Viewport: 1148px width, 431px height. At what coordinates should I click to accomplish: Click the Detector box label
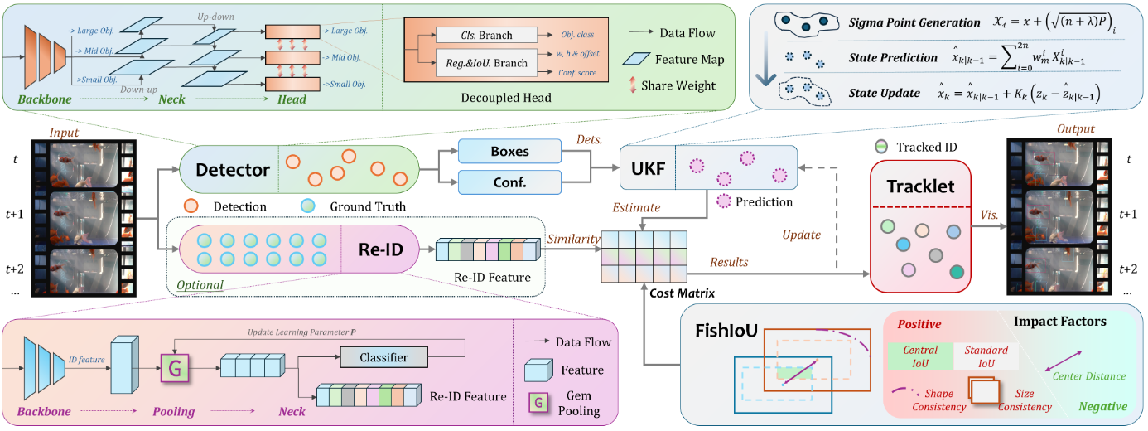pos(233,170)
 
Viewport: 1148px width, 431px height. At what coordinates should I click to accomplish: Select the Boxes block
pos(509,153)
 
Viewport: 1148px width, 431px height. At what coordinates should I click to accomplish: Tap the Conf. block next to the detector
pos(509,183)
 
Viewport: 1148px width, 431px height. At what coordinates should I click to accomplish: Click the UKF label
pos(648,169)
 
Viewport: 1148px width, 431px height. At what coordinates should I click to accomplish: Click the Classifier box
pos(383,357)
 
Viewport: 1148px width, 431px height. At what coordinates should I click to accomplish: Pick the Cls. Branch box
pos(486,36)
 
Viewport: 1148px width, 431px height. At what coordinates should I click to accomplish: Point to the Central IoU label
pos(919,356)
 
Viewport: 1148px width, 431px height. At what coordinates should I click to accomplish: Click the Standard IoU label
pos(986,356)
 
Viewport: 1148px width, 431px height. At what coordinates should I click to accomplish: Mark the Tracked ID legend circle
pos(881,147)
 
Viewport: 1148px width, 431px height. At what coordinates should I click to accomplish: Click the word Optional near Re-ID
pos(200,285)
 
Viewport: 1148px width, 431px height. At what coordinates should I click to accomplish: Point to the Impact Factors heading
pos(1059,321)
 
